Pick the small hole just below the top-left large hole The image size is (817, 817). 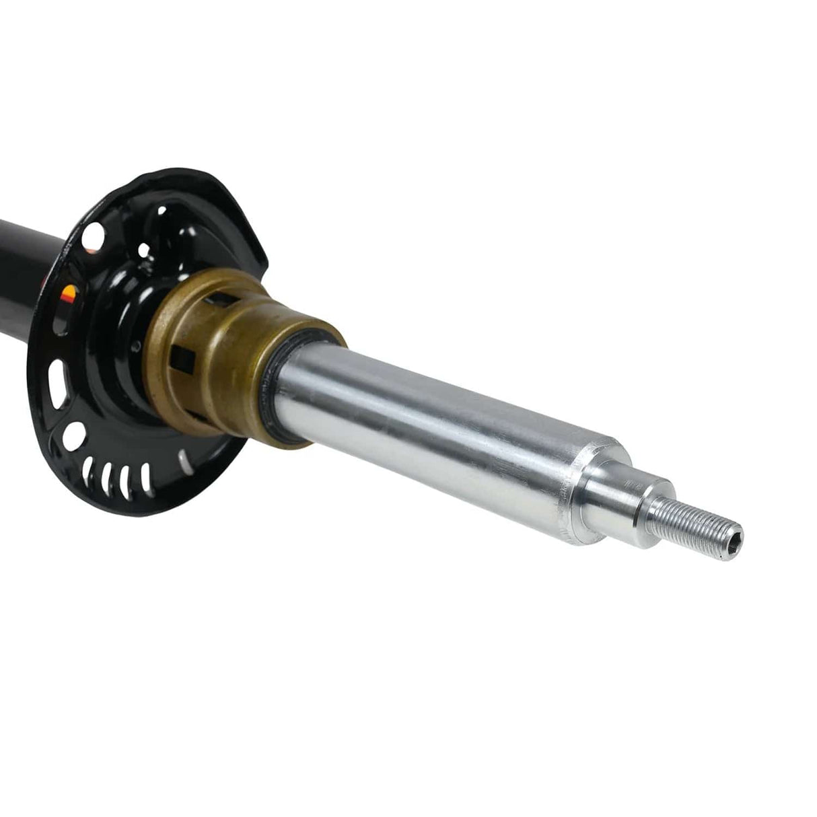143,249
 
